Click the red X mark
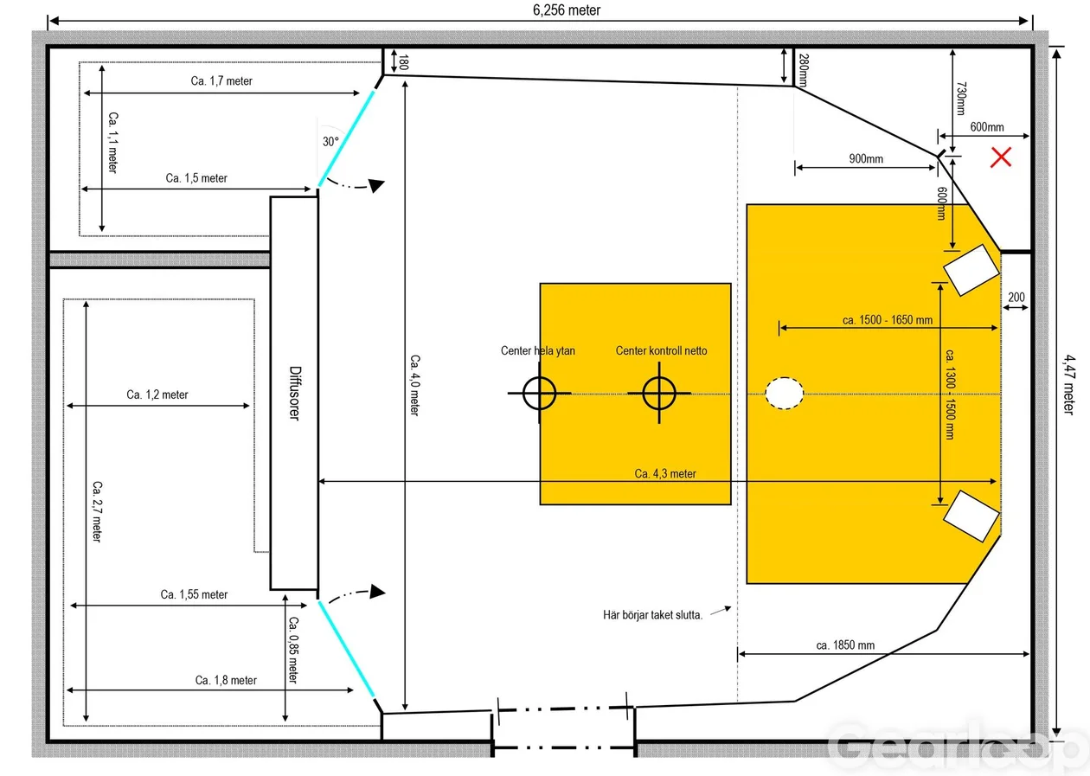[1000, 157]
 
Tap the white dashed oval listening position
[784, 393]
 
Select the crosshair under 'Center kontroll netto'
[659, 393]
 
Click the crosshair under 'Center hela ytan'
[539, 393]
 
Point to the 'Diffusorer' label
[295, 393]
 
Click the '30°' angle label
[330, 142]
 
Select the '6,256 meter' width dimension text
[567, 10]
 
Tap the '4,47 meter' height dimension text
[1068, 384]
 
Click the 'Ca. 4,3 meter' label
[665, 473]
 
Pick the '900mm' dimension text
[866, 158]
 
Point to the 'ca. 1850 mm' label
[845, 645]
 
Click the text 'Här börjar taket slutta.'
[652, 615]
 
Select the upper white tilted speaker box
[971, 270]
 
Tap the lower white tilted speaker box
[971, 516]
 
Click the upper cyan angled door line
[346, 138]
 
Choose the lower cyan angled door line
[346, 650]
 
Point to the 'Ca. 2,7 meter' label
[97, 511]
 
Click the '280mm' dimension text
[804, 70]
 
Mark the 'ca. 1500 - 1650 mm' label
[888, 320]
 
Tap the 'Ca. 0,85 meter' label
[293, 650]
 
